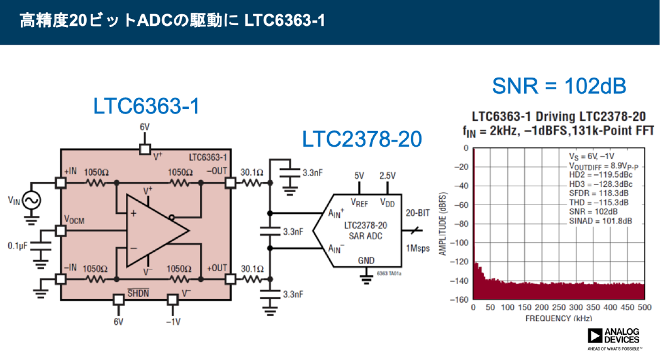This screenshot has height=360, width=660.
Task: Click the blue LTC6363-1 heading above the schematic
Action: pos(147,106)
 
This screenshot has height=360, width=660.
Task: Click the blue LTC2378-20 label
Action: pos(362,139)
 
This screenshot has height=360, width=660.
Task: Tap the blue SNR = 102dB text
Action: pos(559,86)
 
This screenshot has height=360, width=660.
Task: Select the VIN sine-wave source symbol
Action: pos(31,201)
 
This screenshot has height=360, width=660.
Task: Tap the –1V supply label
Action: pos(173,322)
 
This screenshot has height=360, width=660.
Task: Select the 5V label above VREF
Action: pos(359,176)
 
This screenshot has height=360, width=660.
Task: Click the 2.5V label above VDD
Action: pos(387,176)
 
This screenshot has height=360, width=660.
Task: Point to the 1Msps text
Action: pos(417,248)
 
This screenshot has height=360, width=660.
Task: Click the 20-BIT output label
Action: pos(418,213)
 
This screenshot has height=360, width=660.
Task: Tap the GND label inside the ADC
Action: pos(366,260)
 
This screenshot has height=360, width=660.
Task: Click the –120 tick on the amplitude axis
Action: pos(461,261)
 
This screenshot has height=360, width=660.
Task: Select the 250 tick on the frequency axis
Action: pos(558,308)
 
